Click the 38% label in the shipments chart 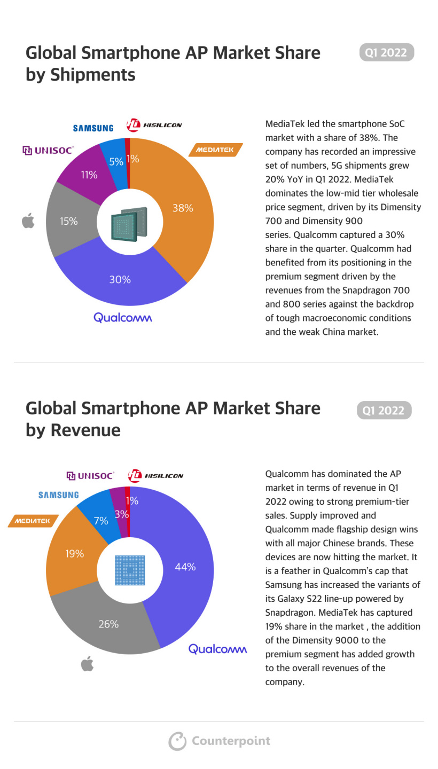point(183,208)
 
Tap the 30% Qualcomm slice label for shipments point(120,279)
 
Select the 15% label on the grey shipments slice point(68,221)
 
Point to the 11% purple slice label point(89,175)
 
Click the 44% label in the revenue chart point(185,567)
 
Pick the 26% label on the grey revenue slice point(108,624)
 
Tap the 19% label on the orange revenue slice point(74,554)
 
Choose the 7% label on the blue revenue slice point(101,521)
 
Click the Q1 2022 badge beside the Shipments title point(386,52)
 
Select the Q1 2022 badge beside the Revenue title point(384,410)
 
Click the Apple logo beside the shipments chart point(28,221)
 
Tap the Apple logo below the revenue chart point(87,664)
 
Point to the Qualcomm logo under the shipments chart point(122,317)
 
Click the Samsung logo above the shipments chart point(93,128)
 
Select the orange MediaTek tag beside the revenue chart point(33,521)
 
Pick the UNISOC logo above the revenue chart point(90,475)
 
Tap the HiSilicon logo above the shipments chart point(154,125)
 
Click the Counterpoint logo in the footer point(220,741)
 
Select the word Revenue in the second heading point(85,430)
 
